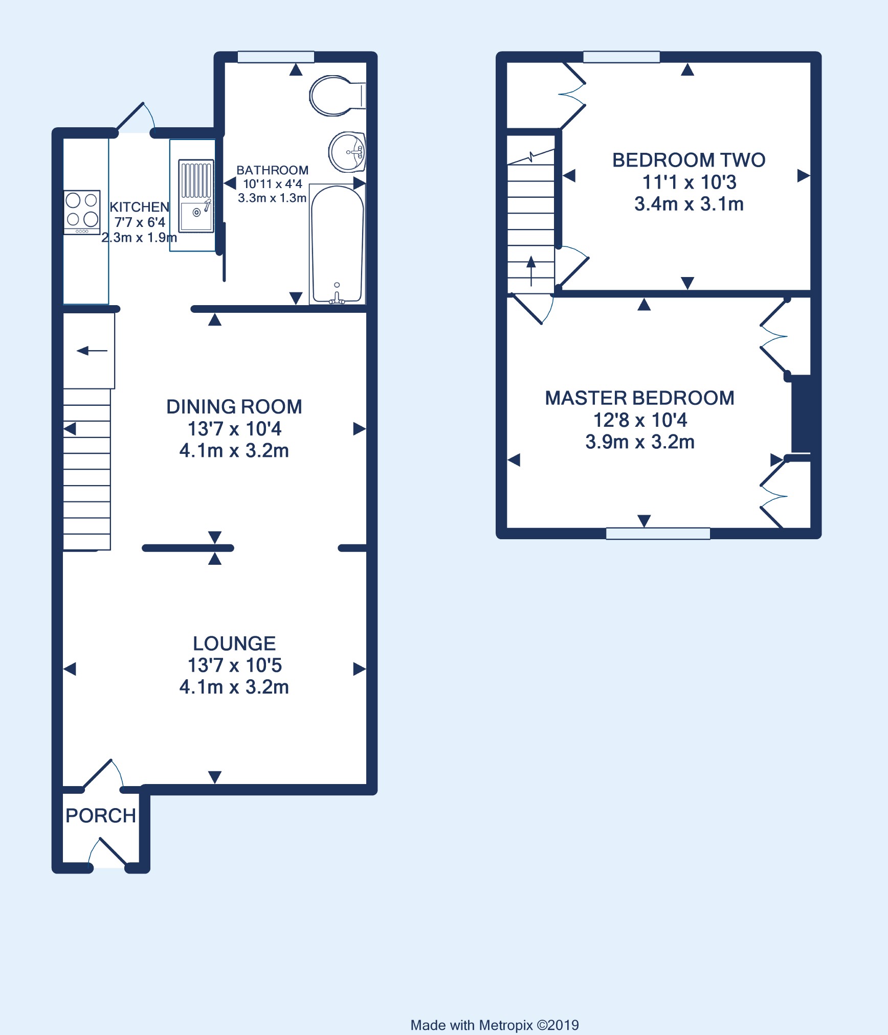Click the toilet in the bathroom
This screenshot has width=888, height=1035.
[337, 96]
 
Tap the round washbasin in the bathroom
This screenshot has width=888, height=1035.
[347, 152]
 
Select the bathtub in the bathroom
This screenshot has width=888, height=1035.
[337, 244]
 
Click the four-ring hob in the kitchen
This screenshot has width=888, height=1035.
[82, 212]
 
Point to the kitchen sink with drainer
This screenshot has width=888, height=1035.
[196, 196]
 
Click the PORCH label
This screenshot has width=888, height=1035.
[101, 816]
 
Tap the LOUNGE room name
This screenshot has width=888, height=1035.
[234, 643]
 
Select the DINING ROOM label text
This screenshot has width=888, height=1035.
[234, 406]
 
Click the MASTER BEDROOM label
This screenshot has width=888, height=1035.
[640, 398]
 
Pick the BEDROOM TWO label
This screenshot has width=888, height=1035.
[689, 160]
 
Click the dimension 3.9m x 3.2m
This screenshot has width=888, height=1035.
[640, 442]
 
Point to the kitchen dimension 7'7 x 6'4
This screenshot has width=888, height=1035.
[140, 222]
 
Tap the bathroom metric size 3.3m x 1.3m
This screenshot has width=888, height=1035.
[272, 198]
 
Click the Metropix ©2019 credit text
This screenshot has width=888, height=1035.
[495, 1011]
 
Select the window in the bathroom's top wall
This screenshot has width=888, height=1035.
[276, 57]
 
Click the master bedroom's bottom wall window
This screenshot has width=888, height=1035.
[658, 534]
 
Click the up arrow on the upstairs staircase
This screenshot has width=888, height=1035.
[531, 271]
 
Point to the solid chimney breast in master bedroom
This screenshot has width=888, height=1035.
[801, 414]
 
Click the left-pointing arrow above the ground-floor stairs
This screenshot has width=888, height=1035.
[92, 351]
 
